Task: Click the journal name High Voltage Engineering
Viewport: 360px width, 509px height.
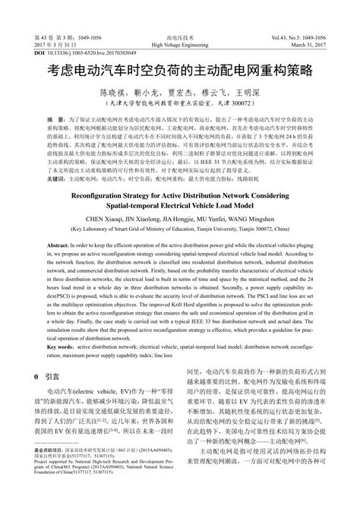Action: (180, 45)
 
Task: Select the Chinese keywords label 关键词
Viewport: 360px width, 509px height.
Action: (57, 179)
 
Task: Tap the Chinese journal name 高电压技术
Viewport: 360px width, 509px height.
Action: (180, 37)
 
